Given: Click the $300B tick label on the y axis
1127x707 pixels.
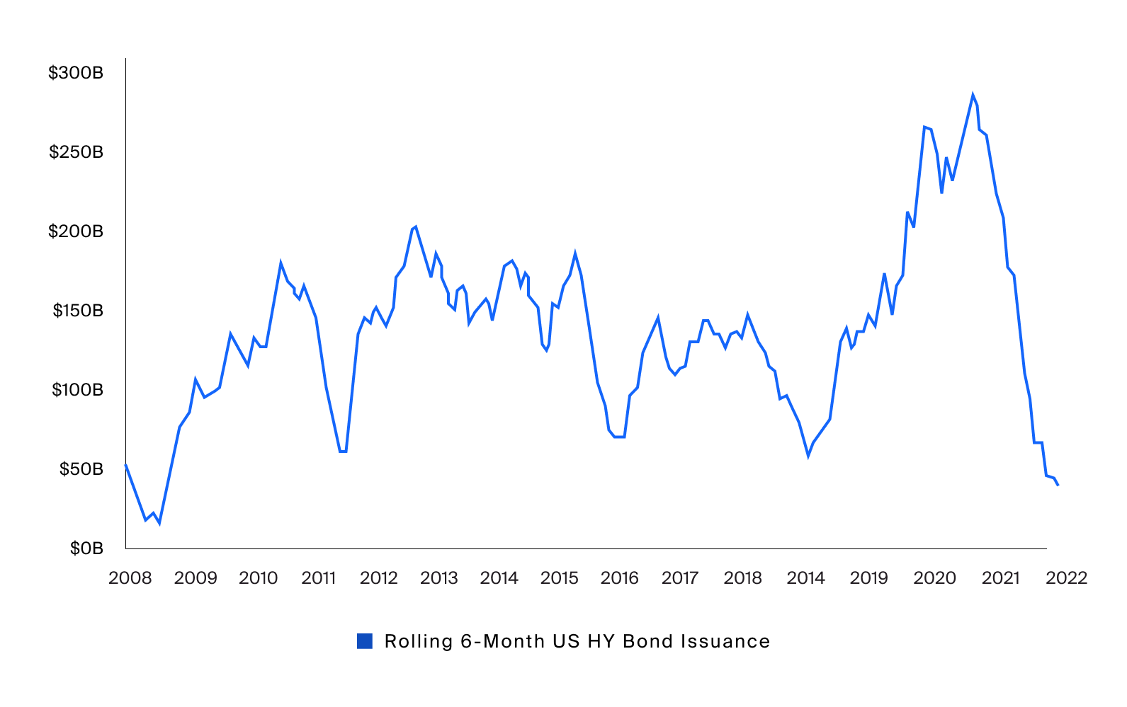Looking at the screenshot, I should tap(76, 73).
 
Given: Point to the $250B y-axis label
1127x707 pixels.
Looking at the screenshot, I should tap(76, 152).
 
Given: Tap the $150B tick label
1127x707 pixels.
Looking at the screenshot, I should tap(78, 311).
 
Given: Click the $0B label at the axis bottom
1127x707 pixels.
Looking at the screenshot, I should tap(86, 548).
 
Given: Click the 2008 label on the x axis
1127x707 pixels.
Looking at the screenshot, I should tap(130, 578).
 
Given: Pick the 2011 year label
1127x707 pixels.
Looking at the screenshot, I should tap(319, 578).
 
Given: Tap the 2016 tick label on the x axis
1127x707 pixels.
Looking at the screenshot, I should tap(620, 578).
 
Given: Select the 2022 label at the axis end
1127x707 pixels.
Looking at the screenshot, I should tap(1067, 578).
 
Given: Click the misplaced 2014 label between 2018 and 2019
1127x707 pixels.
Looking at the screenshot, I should tap(806, 578).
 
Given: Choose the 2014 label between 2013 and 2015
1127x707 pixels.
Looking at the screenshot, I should tap(499, 578).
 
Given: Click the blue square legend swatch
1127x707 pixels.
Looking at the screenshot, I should tap(365, 641).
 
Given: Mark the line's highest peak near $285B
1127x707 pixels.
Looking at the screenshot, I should tap(973, 96).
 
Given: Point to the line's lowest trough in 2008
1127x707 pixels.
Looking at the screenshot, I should tap(159, 523).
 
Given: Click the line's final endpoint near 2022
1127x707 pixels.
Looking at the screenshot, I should tap(1058, 485).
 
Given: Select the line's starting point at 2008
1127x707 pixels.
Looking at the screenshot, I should tap(126, 465).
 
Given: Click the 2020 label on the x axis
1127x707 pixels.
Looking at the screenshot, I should tap(935, 578).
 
